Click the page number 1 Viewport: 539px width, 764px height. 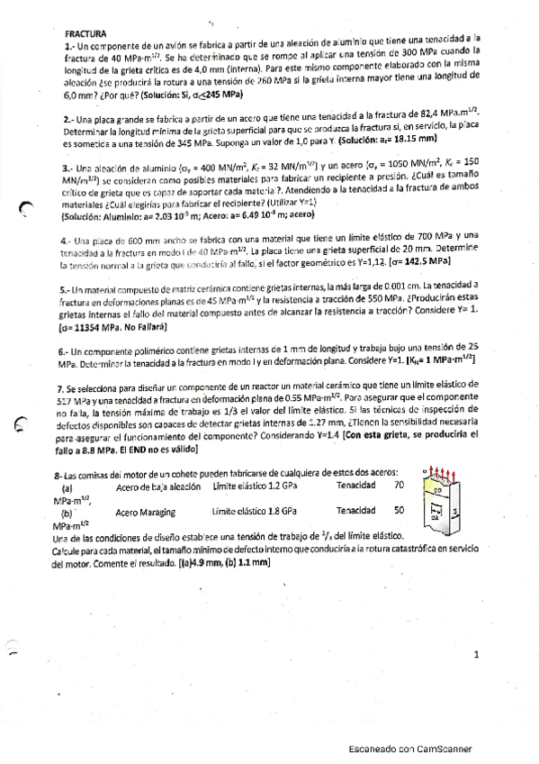click(477, 655)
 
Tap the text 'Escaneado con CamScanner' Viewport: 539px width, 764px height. click(410, 750)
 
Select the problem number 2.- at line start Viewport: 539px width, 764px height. click(69, 118)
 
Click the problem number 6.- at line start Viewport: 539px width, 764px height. click(68, 348)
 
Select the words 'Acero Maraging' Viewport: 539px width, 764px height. click(147, 510)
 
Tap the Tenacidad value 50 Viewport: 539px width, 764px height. click(399, 509)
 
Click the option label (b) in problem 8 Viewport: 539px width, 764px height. click(67, 511)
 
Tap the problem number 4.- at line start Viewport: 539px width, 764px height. click(68, 241)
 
